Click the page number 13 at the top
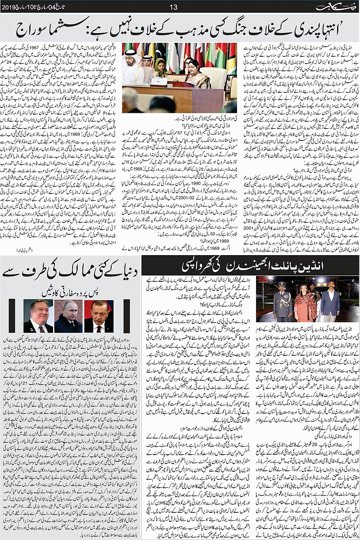pyautogui.click(x=173, y=7)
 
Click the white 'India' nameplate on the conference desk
pyautogui.click(x=158, y=81)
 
